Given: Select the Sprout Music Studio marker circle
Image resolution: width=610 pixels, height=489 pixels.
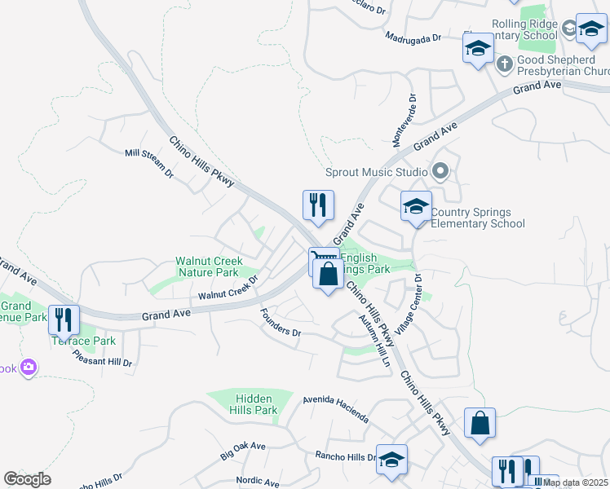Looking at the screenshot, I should coord(441,172).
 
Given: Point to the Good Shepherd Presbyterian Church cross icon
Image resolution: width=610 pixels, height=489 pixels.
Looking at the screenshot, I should coord(505,63).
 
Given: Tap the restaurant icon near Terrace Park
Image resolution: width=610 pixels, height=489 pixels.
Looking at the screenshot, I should coord(64,319).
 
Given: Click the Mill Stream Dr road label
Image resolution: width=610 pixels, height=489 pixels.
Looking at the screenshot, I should coord(148,162).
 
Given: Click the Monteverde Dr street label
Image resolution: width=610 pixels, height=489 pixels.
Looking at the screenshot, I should coord(404,121).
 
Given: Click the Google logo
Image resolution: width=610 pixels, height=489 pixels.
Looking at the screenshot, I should coord(27,479).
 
